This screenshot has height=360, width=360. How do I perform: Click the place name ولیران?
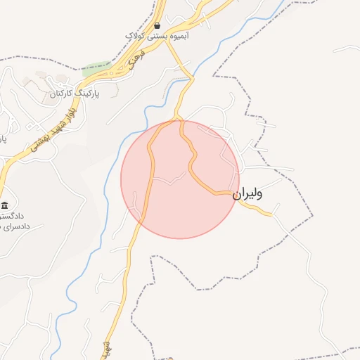click(x=247, y=193)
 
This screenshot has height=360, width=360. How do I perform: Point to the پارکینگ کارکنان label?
click(x=75, y=93)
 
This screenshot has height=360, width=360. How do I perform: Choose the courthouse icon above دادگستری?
click(x=5, y=205)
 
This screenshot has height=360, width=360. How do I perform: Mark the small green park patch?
click(x=96, y=70)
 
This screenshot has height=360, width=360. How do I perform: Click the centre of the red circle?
click(x=180, y=179)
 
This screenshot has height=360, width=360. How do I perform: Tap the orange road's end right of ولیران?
click(x=271, y=214)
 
